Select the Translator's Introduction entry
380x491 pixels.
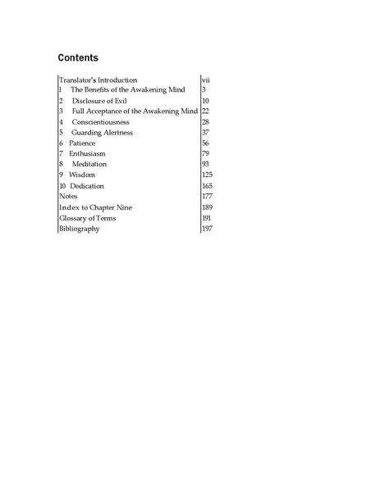coord(103,80)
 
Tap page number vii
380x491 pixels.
coord(206,80)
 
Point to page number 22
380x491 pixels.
coord(206,111)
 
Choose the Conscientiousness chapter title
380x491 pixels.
coord(100,122)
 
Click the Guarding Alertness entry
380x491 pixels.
coord(102,133)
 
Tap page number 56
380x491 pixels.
coord(206,143)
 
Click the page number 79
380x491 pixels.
coord(206,154)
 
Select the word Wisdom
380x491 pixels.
coord(83,175)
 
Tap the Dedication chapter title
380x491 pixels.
coord(87,186)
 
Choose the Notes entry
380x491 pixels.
coord(69,197)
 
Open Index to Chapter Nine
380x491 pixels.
coord(95,207)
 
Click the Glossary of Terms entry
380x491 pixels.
coord(87,218)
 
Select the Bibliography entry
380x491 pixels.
coord(80,229)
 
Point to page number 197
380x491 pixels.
coord(207,229)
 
